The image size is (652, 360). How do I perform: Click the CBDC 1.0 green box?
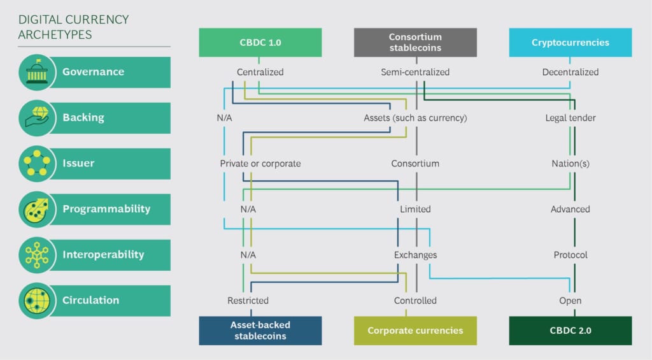(x=260, y=43)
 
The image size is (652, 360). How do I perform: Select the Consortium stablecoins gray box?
(x=415, y=43)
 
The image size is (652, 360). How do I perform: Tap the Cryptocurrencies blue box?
(x=570, y=43)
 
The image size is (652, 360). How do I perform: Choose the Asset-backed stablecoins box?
(x=260, y=331)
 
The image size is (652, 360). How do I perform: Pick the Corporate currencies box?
(x=415, y=331)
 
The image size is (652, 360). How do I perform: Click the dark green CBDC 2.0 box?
(x=570, y=331)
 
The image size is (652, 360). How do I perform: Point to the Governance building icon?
(x=37, y=72)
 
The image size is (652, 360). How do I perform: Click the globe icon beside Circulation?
(x=37, y=301)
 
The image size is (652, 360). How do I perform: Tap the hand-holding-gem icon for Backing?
(x=37, y=117)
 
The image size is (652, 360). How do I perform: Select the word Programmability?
(x=106, y=209)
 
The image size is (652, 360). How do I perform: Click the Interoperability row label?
(x=103, y=254)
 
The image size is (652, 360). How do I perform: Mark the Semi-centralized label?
(x=415, y=72)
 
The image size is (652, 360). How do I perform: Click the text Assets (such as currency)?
(x=415, y=118)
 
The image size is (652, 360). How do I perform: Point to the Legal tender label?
(x=570, y=118)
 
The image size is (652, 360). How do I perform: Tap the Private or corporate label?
(x=260, y=164)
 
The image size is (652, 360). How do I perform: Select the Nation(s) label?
(x=570, y=164)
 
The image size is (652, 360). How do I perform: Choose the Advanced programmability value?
(x=570, y=209)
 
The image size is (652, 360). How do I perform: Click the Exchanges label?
(x=415, y=255)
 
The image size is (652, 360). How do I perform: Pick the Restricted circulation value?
(x=248, y=301)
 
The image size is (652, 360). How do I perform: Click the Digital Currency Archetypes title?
(x=74, y=27)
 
